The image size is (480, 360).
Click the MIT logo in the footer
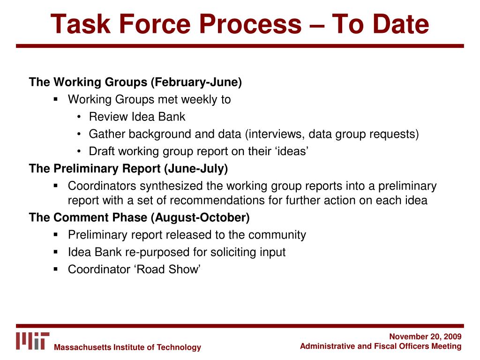pyautogui.click(x=32, y=341)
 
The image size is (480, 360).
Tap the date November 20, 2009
pyautogui.click(x=425, y=337)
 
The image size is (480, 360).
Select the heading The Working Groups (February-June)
pyautogui.click(x=135, y=82)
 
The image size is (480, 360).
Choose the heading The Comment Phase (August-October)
pyautogui.click(x=139, y=217)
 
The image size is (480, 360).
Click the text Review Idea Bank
pyautogui.click(x=137, y=117)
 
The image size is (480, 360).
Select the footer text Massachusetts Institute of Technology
pyautogui.click(x=127, y=347)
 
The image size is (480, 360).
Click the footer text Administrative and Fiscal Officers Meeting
pyautogui.click(x=381, y=346)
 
